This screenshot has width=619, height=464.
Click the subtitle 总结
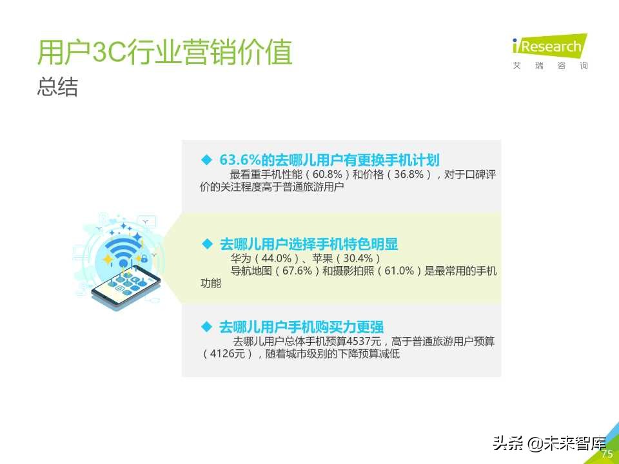(57, 88)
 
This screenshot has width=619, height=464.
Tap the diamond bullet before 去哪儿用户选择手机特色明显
(207, 244)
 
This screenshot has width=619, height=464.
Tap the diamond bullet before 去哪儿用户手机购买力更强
(207, 326)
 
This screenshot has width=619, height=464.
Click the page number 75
(607, 454)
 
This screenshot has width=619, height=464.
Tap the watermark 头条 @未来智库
(549, 443)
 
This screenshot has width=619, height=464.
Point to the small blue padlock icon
(144, 259)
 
